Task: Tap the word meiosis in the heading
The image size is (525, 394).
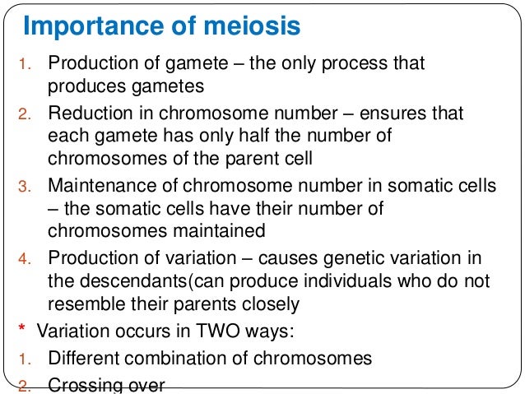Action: point(249,27)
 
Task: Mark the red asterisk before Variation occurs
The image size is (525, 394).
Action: point(21,331)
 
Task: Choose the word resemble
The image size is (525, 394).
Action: point(85,304)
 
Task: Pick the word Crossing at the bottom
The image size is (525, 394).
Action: point(83,383)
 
